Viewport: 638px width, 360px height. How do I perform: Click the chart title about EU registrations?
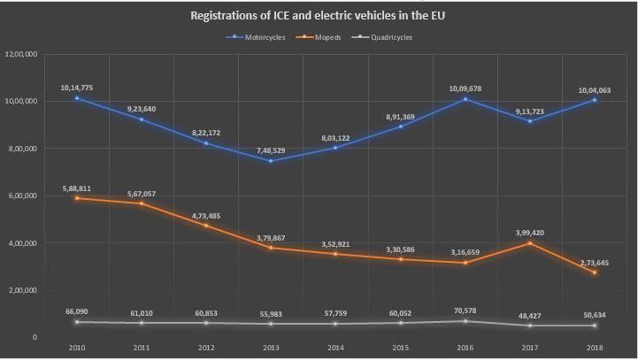(319, 15)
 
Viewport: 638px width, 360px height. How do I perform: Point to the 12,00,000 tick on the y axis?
(20, 55)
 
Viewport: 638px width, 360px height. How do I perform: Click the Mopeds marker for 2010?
(77, 198)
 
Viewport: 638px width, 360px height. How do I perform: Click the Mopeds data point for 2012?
(207, 226)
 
